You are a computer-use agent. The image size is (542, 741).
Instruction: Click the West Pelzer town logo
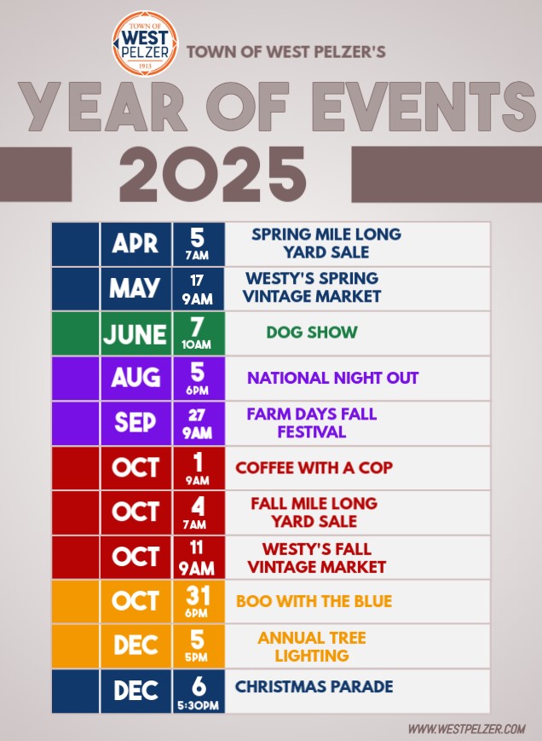pyautogui.click(x=145, y=43)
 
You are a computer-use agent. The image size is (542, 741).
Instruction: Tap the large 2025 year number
pyautogui.click(x=212, y=175)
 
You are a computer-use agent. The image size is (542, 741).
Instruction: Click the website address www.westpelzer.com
pyautogui.click(x=467, y=728)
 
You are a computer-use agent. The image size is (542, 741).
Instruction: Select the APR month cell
pyautogui.click(x=135, y=244)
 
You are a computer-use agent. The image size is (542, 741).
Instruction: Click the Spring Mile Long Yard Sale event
pyautogui.click(x=326, y=243)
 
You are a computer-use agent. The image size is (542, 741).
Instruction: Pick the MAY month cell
pyautogui.click(x=135, y=288)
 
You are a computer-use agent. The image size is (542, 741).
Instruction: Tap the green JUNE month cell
pyautogui.click(x=135, y=333)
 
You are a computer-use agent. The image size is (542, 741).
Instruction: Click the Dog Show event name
pyautogui.click(x=312, y=333)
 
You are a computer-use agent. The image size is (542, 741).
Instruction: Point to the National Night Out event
pyautogui.click(x=333, y=378)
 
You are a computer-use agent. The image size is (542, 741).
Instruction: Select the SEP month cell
pyautogui.click(x=135, y=423)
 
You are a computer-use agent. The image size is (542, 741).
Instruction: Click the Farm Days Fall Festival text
pyautogui.click(x=312, y=423)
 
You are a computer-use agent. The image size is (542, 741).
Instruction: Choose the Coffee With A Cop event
pyautogui.click(x=314, y=468)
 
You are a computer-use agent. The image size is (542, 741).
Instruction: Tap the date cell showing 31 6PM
pyautogui.click(x=199, y=602)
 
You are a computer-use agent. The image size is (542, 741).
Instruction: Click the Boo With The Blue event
pyautogui.click(x=314, y=601)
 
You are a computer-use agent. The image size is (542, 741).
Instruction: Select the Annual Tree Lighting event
pyautogui.click(x=312, y=646)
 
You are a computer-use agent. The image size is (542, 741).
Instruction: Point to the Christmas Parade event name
pyautogui.click(x=314, y=686)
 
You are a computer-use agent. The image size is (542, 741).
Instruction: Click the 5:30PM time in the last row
pyautogui.click(x=199, y=705)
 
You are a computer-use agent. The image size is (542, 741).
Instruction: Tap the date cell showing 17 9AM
pyautogui.click(x=199, y=289)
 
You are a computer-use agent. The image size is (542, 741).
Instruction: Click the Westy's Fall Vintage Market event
pyautogui.click(x=317, y=558)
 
